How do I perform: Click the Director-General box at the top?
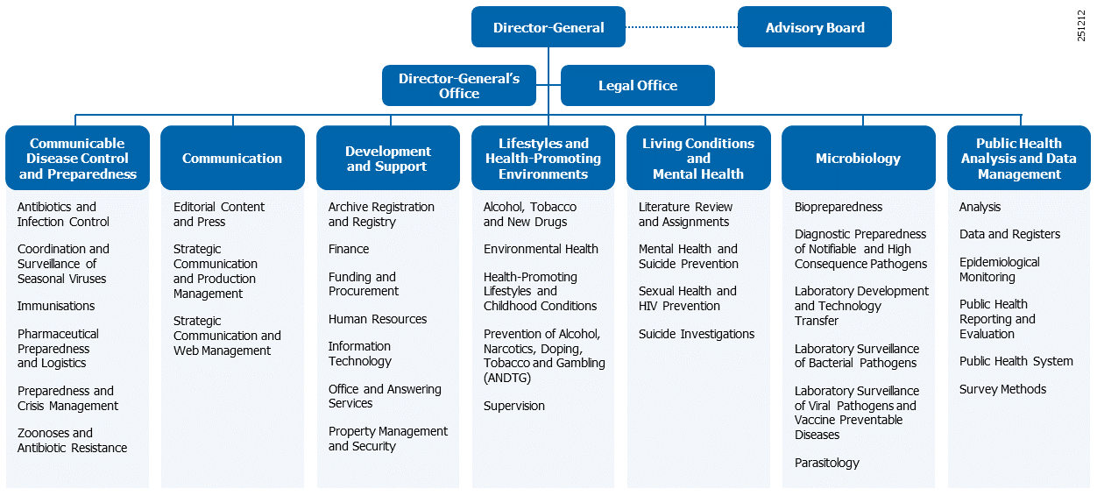click(x=548, y=27)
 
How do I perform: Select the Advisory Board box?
click(x=814, y=27)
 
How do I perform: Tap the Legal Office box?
click(x=637, y=86)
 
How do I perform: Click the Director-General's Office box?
click(x=458, y=86)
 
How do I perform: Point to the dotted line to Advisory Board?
click(x=682, y=27)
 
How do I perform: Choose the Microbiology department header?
click(x=857, y=159)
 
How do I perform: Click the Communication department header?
click(x=232, y=159)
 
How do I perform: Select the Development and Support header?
click(x=387, y=159)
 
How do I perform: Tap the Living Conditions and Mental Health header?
click(x=698, y=159)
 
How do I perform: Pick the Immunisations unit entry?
click(x=56, y=306)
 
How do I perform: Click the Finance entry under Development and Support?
click(x=349, y=249)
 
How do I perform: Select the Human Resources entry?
click(x=378, y=319)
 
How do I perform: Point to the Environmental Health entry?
click(x=541, y=249)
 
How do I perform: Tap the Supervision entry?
click(x=514, y=406)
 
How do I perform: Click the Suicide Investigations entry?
click(x=696, y=334)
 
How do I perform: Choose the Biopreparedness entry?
click(x=839, y=207)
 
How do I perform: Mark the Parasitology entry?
click(x=827, y=463)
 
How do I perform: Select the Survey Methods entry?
click(x=1002, y=389)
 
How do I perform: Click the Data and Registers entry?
click(x=1009, y=234)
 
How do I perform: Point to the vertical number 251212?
click(x=1082, y=25)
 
